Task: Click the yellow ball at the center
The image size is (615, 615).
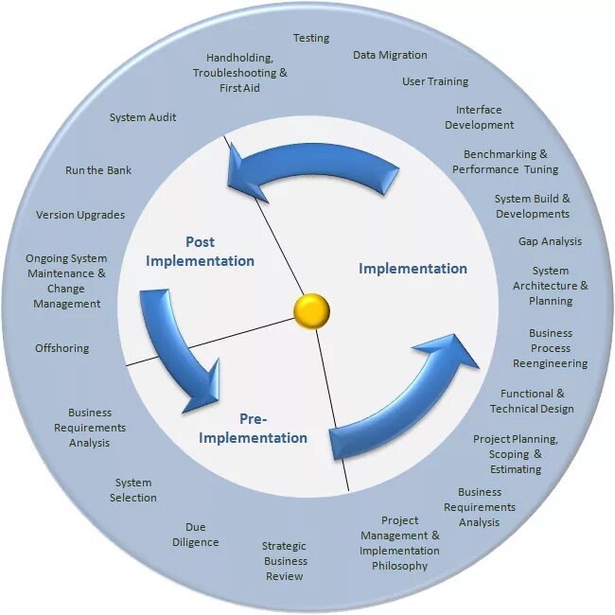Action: coord(311,309)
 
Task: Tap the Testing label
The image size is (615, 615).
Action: coord(311,39)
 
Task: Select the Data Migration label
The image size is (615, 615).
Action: coord(390,56)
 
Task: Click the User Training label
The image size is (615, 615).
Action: coord(435,82)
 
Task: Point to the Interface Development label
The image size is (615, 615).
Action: coord(479,117)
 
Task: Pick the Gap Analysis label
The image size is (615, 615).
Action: coord(550,242)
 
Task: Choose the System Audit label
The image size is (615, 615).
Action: coord(143,118)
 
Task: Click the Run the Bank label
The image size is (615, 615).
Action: coord(98,171)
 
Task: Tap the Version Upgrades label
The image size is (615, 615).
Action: coord(80,216)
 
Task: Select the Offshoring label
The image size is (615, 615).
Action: coord(62,349)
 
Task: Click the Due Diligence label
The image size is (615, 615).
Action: coord(196,535)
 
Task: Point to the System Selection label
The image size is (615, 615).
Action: coord(133,490)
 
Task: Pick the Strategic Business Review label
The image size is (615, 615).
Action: coord(286,561)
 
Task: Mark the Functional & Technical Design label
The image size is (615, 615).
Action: coord(532,401)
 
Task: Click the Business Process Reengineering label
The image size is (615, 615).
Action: coord(550,348)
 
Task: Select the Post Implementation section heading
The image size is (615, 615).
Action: coord(200,252)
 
